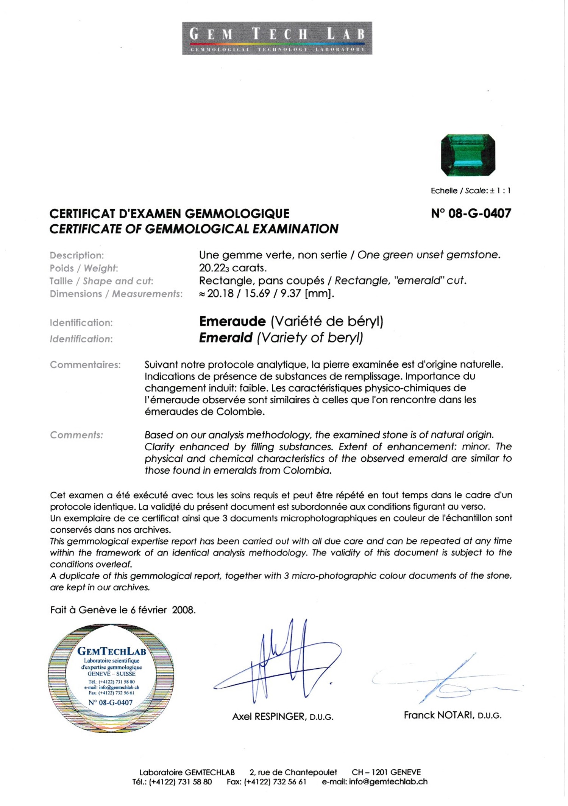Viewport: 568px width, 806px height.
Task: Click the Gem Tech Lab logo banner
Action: point(277,38)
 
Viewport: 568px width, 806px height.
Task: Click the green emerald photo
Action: point(468,155)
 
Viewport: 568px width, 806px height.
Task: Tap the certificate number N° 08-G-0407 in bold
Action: point(471,213)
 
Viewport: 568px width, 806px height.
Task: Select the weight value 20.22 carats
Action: point(233,268)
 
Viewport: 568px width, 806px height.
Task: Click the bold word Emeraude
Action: point(232,321)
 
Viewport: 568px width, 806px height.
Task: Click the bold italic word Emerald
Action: point(226,338)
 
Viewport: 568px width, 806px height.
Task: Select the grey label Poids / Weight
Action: point(84,268)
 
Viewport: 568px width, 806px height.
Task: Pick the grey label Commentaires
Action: point(85,365)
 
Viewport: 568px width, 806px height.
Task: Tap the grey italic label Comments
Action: point(76,435)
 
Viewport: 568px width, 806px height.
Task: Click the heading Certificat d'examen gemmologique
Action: point(169,214)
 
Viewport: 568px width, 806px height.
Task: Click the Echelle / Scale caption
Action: point(470,191)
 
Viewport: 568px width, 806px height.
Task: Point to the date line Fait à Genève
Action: point(123,610)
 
